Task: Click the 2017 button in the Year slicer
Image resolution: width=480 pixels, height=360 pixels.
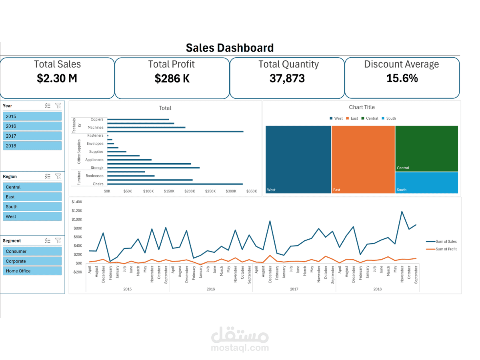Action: [32, 136]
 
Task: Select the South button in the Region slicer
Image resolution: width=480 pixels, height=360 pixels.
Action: [32, 207]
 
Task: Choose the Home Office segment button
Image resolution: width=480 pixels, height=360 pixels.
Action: [32, 271]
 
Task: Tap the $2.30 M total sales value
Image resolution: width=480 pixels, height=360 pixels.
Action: [57, 79]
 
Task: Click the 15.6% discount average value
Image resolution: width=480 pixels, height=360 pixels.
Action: [402, 78]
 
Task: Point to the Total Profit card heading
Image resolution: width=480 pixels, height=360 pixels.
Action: [171, 64]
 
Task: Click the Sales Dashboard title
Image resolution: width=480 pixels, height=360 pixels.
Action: [230, 48]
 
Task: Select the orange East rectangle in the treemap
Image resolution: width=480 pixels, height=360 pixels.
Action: [363, 159]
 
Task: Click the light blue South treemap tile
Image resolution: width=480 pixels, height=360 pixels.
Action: [426, 182]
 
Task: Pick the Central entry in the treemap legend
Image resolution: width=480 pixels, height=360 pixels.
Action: [370, 118]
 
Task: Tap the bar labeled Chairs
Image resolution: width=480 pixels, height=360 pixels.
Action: [175, 184]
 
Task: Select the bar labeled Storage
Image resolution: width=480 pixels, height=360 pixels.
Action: [153, 168]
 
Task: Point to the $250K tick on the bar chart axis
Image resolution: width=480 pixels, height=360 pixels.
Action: [210, 192]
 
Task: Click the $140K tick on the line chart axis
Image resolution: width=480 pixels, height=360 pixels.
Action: [77, 202]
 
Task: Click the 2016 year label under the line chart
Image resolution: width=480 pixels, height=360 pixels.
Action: [210, 289]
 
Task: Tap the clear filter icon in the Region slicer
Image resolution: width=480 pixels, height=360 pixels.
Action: [58, 176]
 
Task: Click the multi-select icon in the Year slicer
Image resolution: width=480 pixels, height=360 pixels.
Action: [48, 106]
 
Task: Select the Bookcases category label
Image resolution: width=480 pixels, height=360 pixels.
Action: [94, 176]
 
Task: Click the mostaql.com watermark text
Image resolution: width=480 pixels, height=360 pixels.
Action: [240, 348]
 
